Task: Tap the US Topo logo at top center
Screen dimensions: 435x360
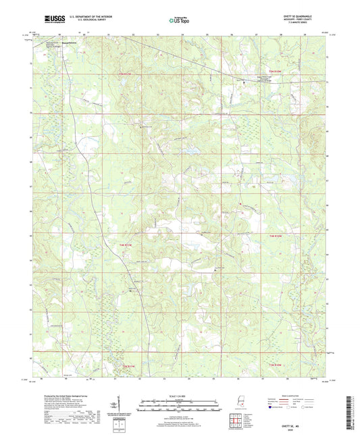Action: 180,20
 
